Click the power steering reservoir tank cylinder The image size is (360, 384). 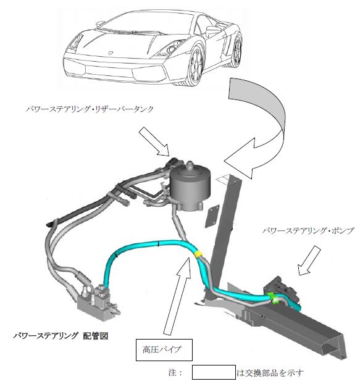coord(190,188)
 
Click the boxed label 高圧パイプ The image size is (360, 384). coord(164,349)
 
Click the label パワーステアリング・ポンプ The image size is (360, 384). coord(308,231)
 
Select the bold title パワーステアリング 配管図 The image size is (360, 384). coord(61,336)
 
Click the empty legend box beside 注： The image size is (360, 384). coord(214,372)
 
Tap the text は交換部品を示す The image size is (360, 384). coord(270,373)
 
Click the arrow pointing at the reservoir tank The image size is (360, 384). coord(154,142)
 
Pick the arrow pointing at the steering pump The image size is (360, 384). coord(309,261)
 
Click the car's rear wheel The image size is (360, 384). coord(237,51)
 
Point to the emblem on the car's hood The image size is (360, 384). coord(111,52)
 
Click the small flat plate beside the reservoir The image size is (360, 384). coord(212,217)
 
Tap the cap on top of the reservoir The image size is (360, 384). coord(190,165)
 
